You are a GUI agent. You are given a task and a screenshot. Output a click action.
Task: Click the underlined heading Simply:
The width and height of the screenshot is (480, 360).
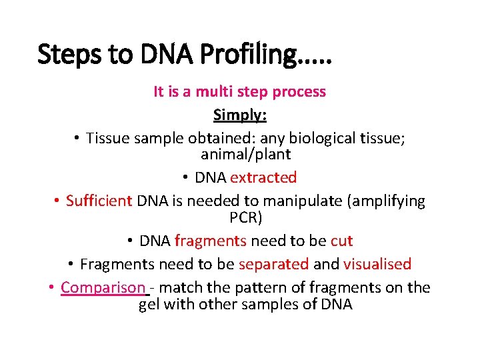tap(240, 115)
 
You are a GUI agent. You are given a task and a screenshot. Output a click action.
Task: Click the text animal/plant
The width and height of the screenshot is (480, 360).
tap(245, 154)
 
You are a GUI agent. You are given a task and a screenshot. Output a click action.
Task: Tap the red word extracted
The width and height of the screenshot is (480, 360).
tap(263, 177)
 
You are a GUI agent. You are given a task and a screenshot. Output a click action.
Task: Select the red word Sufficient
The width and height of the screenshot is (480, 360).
tap(99, 201)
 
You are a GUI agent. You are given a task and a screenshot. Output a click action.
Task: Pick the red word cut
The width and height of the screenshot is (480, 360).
tap(341, 241)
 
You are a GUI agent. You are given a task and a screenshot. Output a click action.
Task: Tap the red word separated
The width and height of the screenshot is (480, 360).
tap(273, 264)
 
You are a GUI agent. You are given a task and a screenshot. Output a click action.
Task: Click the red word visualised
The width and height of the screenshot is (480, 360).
tap(377, 264)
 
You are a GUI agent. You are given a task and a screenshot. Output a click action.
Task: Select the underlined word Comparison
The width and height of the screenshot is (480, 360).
tap(103, 287)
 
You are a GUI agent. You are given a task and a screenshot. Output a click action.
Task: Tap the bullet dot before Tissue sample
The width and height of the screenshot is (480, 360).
tap(77, 139)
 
